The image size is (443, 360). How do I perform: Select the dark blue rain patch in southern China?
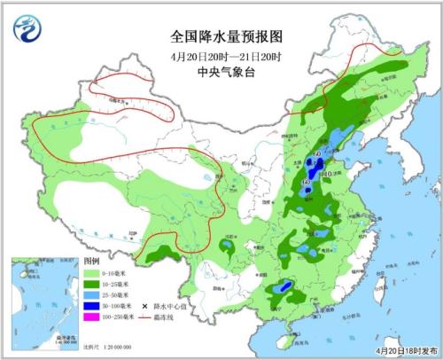[284, 287]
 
